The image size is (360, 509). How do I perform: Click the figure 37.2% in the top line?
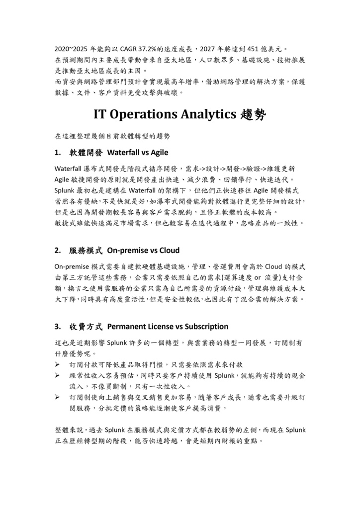coord(142,49)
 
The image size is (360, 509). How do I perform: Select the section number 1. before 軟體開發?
coord(58,152)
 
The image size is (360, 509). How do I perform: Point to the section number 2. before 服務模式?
coord(58,250)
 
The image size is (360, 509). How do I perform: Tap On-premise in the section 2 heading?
coord(125,250)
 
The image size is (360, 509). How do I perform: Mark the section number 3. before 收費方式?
coord(58,327)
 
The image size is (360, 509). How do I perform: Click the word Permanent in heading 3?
coord(126,327)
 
